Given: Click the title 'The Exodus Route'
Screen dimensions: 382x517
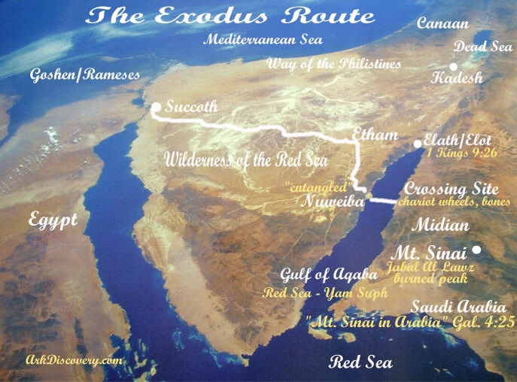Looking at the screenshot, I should pos(230,16).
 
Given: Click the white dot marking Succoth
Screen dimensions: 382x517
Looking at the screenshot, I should pos(156,108).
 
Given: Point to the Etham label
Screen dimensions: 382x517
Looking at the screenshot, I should pos(375,135).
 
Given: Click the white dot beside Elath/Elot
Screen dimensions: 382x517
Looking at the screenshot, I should pos(418,144).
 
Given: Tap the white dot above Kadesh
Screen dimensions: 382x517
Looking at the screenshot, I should pos(454,67).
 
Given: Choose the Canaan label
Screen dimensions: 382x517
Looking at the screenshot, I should pos(443,23).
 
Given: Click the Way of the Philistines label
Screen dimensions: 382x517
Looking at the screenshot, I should pos(333,64).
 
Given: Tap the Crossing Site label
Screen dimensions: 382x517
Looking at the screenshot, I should pos(447,189).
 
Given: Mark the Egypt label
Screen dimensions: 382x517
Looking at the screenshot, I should pos(53,220).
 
